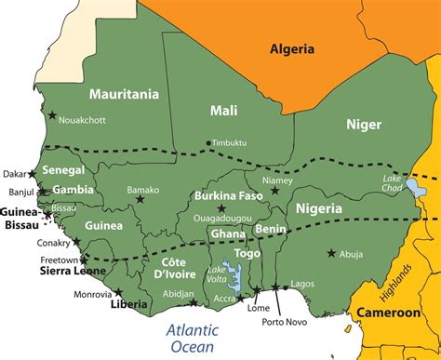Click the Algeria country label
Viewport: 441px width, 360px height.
tap(292, 49)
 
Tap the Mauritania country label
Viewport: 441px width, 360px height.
tap(124, 94)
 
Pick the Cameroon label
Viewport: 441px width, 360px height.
tap(390, 313)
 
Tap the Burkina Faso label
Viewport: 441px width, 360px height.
tap(226, 196)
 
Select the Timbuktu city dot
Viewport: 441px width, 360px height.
tap(208, 142)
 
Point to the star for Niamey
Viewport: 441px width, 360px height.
tap(274, 191)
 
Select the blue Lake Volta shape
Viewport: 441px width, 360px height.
tap(234, 277)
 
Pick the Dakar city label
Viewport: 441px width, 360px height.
tap(14, 174)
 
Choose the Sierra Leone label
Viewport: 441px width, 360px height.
tap(47, 273)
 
